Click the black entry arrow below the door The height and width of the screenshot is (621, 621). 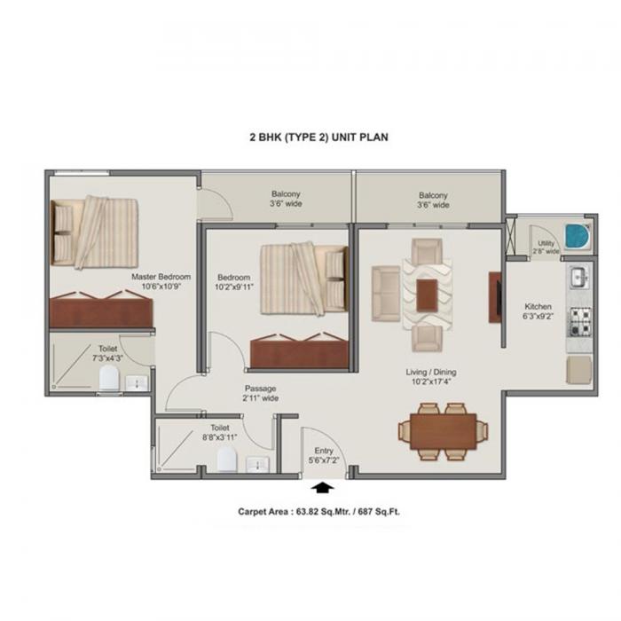coord(321,487)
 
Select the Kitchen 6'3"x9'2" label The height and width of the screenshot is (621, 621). coord(538,310)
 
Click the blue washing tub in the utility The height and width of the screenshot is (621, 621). coord(577,237)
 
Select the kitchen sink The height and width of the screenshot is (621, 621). coord(578,278)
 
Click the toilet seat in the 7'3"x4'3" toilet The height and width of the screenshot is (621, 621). coord(109,379)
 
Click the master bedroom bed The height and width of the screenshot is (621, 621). coord(95,231)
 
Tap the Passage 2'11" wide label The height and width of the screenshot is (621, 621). coord(261,393)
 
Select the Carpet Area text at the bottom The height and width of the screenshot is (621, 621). coord(324,512)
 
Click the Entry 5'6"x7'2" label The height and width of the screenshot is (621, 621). coord(324,456)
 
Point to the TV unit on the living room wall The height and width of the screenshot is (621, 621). coord(495,296)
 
